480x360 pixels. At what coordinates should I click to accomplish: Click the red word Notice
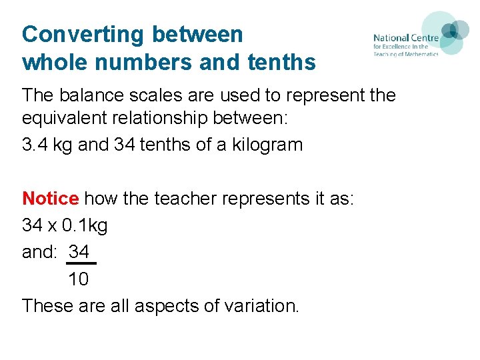coord(51,199)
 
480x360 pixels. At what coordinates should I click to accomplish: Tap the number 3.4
coord(35,145)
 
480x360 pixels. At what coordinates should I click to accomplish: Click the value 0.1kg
coord(84,225)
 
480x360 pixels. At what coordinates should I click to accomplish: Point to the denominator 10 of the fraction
coord(79,279)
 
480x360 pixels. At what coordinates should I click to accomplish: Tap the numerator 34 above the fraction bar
coord(79,252)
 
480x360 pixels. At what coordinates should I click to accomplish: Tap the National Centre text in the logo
coord(405,38)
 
